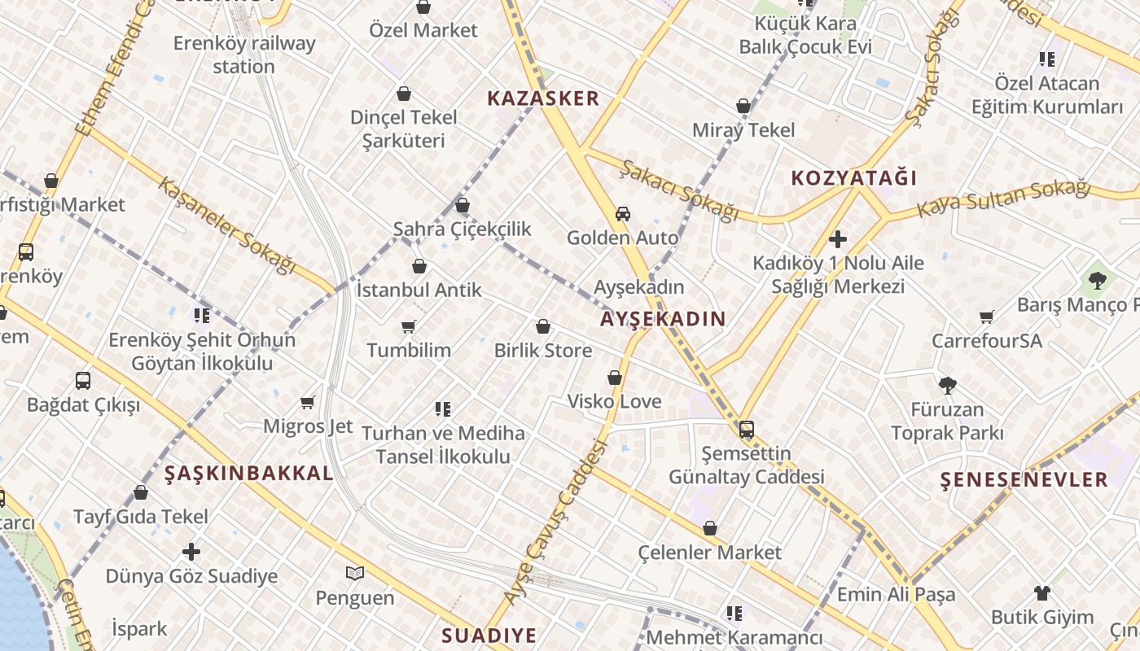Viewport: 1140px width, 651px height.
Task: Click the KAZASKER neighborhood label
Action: pos(543,99)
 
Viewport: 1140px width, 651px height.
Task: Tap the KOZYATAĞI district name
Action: pos(854,178)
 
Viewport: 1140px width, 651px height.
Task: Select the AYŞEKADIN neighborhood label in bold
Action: pos(663,319)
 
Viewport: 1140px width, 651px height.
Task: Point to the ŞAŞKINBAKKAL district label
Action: pos(249,474)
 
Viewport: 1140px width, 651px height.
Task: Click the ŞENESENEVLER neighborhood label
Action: pos(1024,479)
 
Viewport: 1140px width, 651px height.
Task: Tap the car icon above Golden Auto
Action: pos(623,214)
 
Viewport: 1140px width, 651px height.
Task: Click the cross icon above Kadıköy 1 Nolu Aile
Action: pos(837,239)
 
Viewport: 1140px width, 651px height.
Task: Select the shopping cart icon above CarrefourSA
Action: pos(987,317)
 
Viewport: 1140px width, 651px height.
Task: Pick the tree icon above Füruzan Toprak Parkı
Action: pos(947,386)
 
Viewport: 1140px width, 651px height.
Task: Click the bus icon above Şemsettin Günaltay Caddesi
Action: pos(747,430)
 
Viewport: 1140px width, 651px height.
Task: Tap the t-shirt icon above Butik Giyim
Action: pos(1042,593)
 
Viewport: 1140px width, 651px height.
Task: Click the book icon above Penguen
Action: pos(354,574)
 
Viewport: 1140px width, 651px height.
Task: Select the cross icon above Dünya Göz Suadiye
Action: pos(191,552)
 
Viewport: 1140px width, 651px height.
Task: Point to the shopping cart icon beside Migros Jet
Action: pos(308,403)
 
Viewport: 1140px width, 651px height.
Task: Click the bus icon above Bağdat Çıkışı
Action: pos(83,381)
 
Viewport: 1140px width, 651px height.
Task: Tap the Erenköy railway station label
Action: pos(244,55)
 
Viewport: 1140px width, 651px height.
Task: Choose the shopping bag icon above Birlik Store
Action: pos(543,327)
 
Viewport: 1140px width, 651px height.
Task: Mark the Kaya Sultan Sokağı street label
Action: pos(1003,199)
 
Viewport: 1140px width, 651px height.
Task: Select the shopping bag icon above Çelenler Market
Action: pos(710,529)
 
